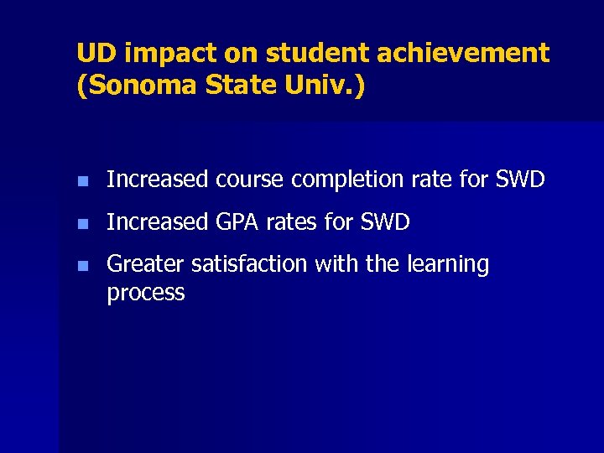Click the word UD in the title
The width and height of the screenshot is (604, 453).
point(93,54)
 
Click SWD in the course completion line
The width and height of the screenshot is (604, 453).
point(519,180)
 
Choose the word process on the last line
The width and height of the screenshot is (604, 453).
point(146,293)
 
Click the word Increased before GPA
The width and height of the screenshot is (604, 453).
point(157,222)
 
